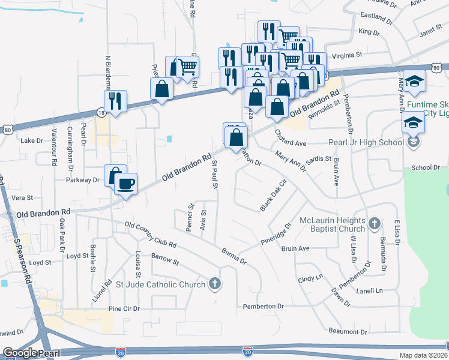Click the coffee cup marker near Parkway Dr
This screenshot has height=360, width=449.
click(125, 184)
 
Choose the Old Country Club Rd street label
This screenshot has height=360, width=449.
click(150, 235)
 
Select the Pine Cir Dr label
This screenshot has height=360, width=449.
click(124, 308)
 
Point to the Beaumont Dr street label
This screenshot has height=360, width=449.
click(347, 331)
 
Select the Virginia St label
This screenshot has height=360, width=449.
click(348, 55)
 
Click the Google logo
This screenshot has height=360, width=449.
click(20, 353)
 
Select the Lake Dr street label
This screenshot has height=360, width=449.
click(32, 141)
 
